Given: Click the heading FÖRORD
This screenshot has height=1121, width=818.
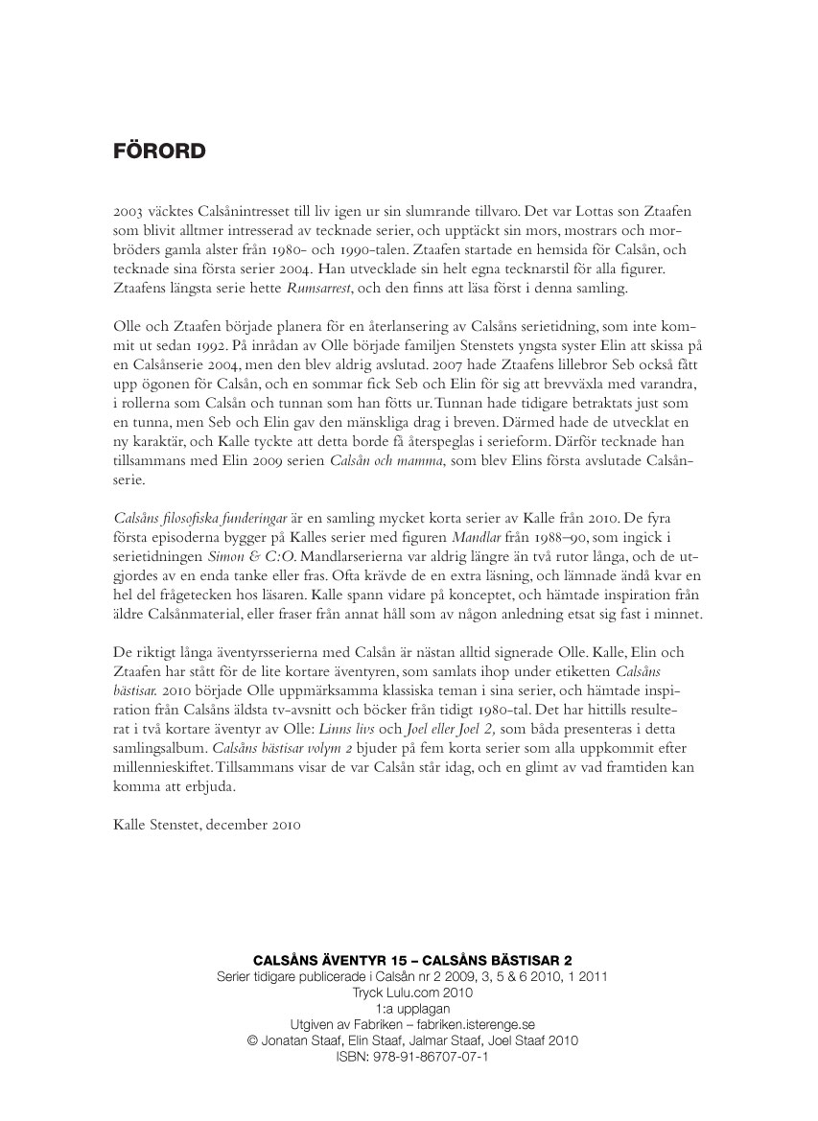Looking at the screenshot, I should coord(159,152).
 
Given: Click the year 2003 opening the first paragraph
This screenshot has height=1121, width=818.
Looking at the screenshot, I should coord(129,207).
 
